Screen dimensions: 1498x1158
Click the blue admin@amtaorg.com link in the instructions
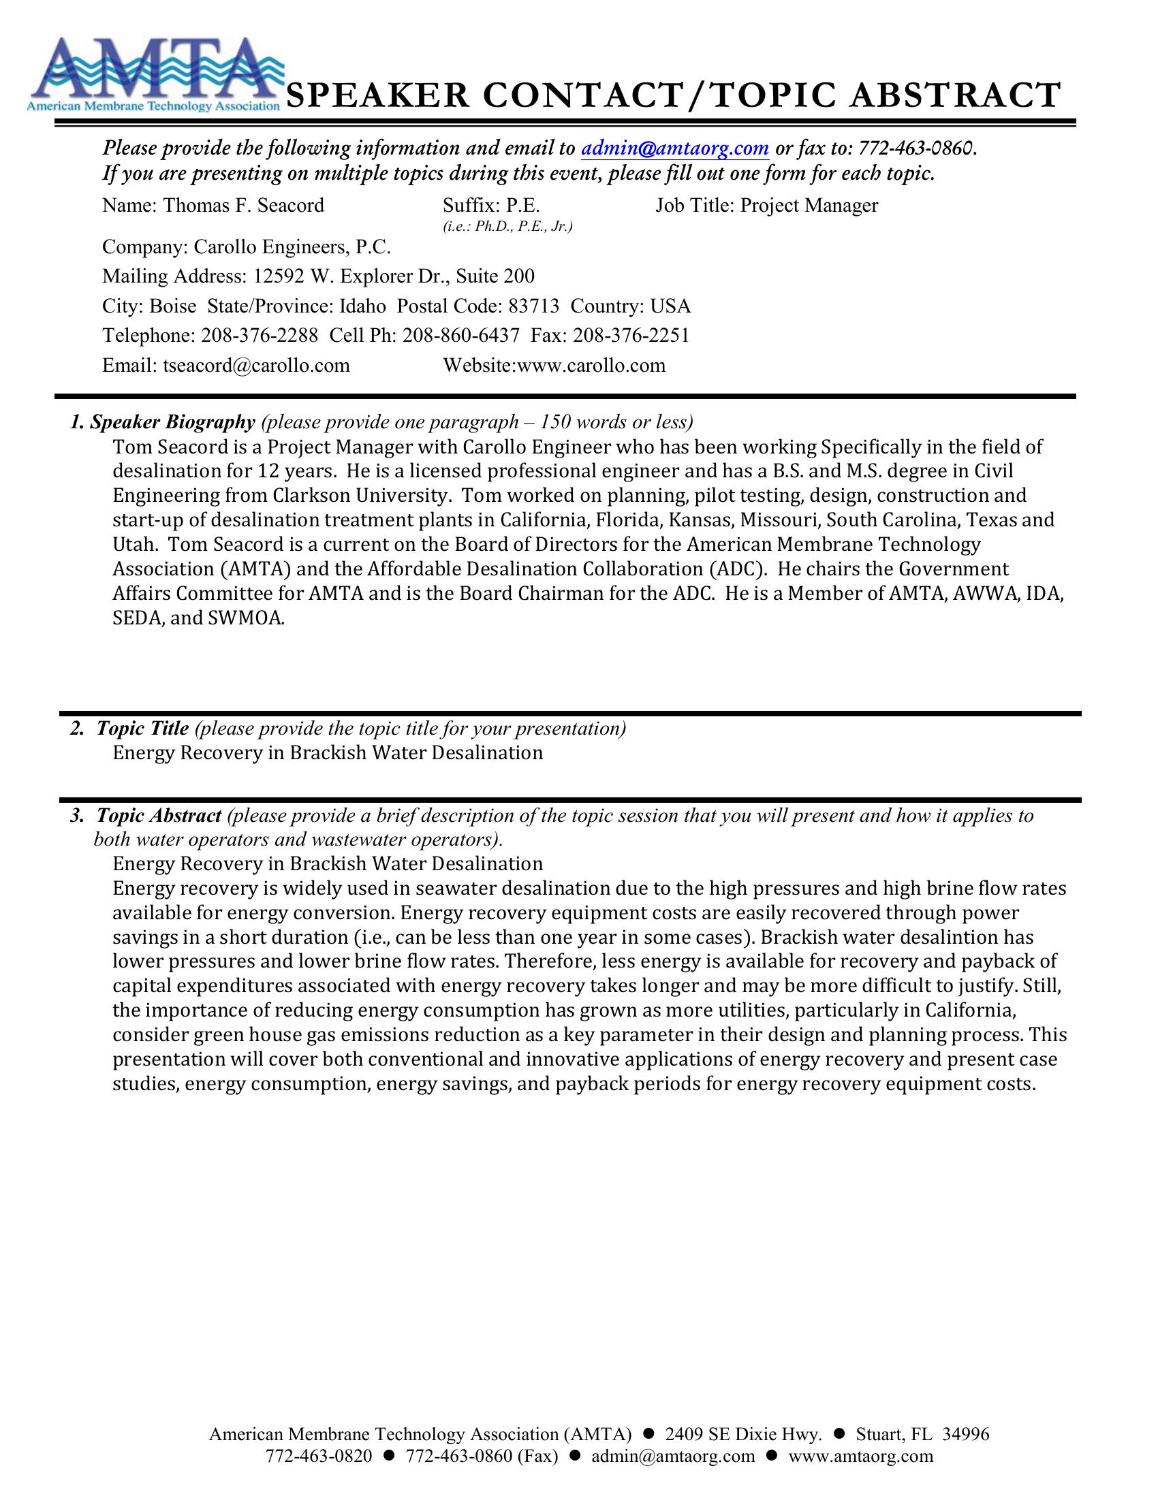pos(674,148)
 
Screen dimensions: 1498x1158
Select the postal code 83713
pos(534,306)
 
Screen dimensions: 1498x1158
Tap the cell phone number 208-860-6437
pos(460,336)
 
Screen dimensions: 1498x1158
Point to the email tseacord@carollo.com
pos(256,365)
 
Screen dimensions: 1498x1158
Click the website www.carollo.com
pos(591,365)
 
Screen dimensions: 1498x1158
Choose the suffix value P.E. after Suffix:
pos(522,205)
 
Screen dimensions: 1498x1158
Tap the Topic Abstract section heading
pos(159,816)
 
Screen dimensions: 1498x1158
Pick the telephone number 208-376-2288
pos(260,336)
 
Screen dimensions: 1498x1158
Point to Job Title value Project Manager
pos(809,205)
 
